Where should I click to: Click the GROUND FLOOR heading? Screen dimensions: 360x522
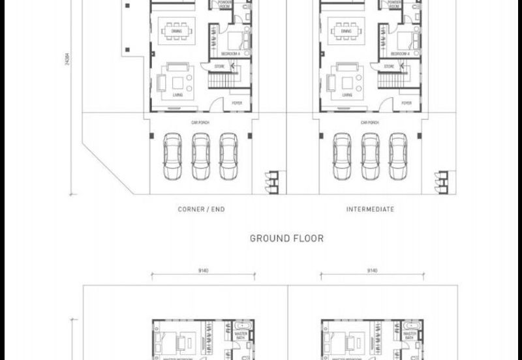[x=287, y=239]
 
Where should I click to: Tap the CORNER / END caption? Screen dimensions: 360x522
[x=201, y=209]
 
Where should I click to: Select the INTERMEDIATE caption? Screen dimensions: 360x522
[x=370, y=209]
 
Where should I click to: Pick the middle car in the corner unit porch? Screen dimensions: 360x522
[x=200, y=157]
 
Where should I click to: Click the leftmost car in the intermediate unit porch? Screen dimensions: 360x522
[x=341, y=157]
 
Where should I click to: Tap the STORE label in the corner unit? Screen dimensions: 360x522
[x=220, y=67]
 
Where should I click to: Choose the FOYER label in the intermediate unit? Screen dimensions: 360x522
[x=406, y=103]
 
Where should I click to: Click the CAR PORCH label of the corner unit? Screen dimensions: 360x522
[x=200, y=123]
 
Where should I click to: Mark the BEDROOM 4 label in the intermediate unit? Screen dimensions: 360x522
[x=399, y=53]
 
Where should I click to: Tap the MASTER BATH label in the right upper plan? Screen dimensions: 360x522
[x=409, y=335]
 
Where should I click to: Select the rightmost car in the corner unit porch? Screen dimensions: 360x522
[x=228, y=157]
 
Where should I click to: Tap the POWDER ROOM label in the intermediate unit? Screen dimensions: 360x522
[x=394, y=4]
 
